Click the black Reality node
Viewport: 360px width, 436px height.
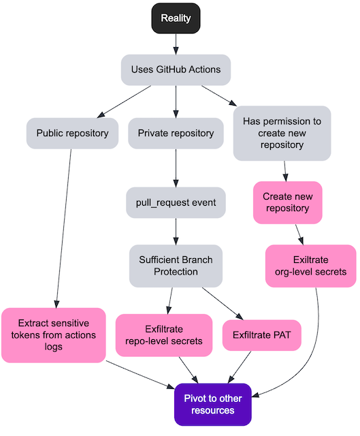click(176, 18)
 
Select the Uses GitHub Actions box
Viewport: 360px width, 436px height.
click(176, 69)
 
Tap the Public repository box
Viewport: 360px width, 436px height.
click(72, 133)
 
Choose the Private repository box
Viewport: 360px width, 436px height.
click(176, 133)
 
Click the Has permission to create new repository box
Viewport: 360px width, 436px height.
click(282, 133)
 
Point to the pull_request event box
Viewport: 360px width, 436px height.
click(176, 202)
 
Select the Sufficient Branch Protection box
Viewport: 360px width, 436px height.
click(176, 266)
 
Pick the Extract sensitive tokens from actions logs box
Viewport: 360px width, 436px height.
click(53, 335)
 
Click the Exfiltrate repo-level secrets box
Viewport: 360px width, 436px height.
click(164, 335)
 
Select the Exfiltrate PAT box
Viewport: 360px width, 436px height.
click(261, 335)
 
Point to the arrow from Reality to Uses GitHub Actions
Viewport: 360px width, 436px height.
click(176, 44)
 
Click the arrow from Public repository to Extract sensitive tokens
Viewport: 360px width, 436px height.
click(64, 225)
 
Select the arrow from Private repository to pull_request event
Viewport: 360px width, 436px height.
click(176, 168)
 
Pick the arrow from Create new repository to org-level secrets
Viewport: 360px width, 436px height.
click(299, 234)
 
